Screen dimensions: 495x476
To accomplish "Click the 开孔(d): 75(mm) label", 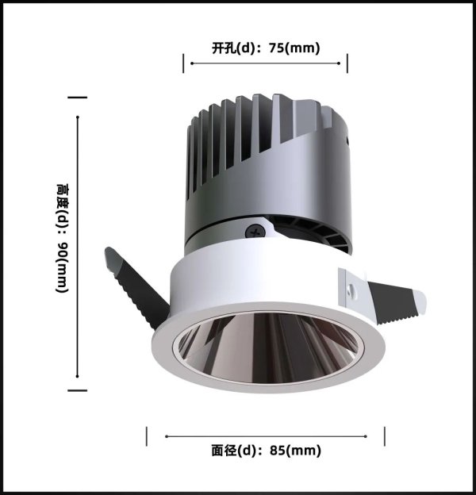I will coord(266,48).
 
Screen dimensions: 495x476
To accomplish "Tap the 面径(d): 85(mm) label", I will coord(266,451).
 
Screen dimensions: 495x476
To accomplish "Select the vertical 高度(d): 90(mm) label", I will coord(63,239).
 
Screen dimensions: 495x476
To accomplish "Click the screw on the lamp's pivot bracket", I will coord(253,232).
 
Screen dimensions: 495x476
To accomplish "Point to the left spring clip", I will coord(135,285).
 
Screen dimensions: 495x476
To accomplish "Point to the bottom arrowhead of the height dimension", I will coord(77,378).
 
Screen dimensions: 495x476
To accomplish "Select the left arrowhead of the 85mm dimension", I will coord(168,436).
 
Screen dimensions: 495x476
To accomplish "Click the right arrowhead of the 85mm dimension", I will coord(366,436).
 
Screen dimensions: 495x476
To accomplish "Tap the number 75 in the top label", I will coord(276,48).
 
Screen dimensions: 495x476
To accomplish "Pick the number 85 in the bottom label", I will coord(277,451).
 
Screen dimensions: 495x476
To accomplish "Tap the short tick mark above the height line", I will coord(77,98).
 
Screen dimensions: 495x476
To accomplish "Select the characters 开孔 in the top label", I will coord(223,48).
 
